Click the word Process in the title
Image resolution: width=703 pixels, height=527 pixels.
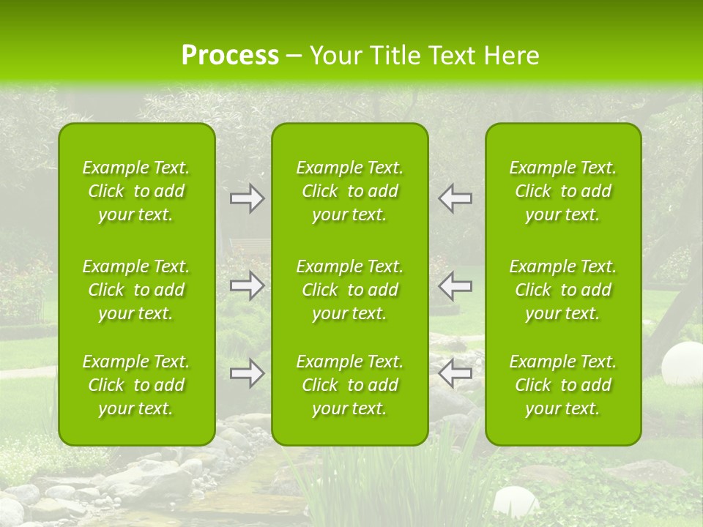(x=230, y=56)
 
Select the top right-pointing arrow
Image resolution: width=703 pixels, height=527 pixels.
(x=247, y=198)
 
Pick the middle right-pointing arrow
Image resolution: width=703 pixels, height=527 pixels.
(x=247, y=285)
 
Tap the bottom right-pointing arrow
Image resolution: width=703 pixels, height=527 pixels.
(x=247, y=373)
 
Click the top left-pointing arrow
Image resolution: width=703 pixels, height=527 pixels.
(x=455, y=198)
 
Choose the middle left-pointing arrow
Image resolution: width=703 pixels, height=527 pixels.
(x=455, y=285)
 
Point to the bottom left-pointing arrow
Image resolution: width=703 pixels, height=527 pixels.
(x=455, y=373)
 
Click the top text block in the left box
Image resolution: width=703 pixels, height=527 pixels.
(x=136, y=191)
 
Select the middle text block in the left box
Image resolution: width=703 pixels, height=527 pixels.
(x=136, y=290)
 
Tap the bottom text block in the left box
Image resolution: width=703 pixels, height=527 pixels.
(x=136, y=385)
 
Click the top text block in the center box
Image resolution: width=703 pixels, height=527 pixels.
(x=350, y=191)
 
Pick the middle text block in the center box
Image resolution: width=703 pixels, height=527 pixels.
(x=350, y=290)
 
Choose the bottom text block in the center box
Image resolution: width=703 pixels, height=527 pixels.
(x=350, y=385)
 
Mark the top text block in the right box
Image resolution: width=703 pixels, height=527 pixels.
(x=563, y=191)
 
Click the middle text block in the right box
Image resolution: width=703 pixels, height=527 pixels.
(x=563, y=290)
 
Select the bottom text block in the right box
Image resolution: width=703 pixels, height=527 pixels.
(x=563, y=385)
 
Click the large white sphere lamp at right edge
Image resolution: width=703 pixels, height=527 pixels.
(x=681, y=364)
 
